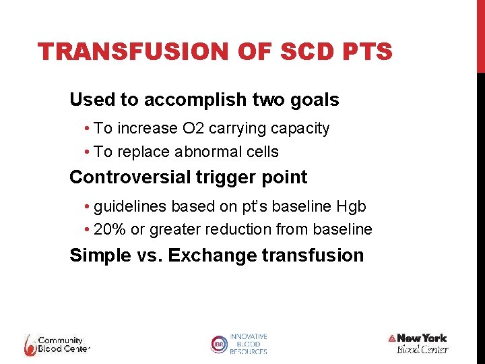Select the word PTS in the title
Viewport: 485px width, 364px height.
[366, 52]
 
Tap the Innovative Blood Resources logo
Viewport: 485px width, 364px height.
[239, 344]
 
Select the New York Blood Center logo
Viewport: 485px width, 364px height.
[419, 343]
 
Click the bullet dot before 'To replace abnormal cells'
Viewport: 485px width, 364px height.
[88, 152]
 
